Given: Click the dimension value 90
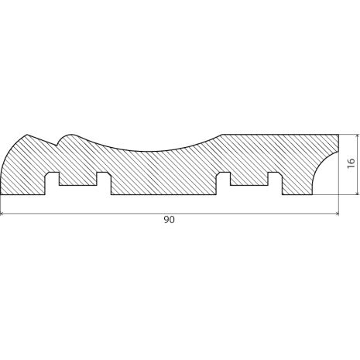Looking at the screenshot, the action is (x=170, y=220).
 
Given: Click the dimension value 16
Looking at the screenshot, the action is (x=351, y=163).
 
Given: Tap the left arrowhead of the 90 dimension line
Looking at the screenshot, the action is (x=2, y=214).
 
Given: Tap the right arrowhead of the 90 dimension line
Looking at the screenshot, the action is (x=337, y=214).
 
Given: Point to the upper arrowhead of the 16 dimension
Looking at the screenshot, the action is (x=357, y=136).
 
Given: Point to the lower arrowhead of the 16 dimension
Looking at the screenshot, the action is (x=357, y=192).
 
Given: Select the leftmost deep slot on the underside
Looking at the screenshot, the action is (x=53, y=183).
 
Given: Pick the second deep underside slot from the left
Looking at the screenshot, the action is (x=104, y=183).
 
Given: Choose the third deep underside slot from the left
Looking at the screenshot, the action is (x=223, y=183).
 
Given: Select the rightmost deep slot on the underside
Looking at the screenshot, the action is (x=275, y=183).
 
